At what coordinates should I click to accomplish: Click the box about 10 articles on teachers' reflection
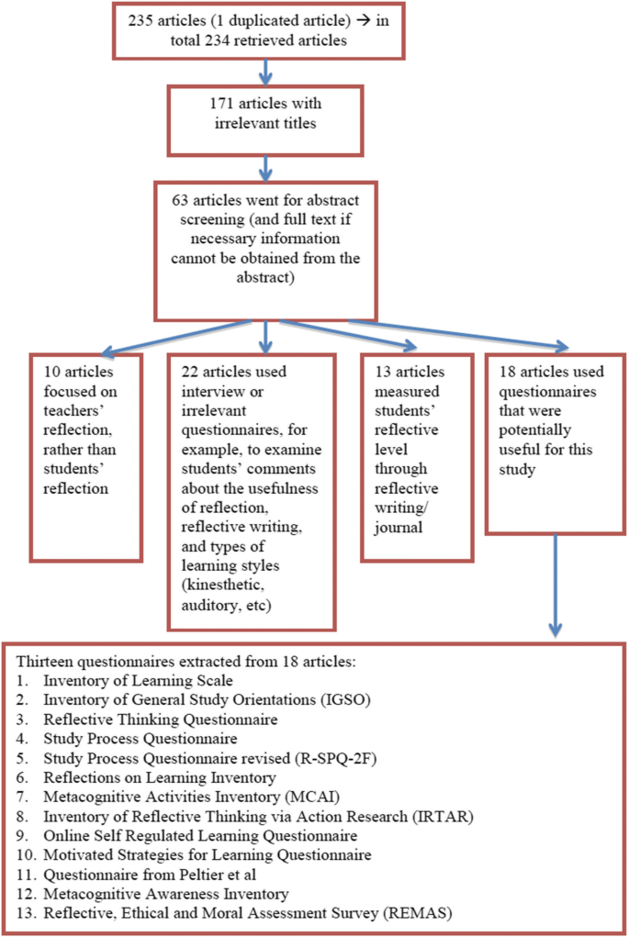[85, 456]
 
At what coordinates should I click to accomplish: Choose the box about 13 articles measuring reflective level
[407, 456]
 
